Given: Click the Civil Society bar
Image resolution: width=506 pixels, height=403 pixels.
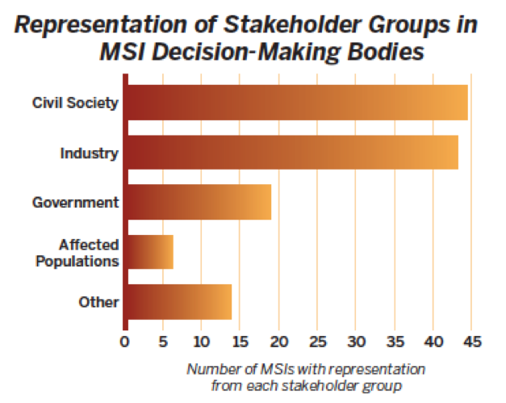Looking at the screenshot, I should click(297, 103).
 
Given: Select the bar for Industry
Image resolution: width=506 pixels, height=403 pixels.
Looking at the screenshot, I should click(292, 152).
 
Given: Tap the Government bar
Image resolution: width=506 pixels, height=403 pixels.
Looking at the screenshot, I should click(199, 202).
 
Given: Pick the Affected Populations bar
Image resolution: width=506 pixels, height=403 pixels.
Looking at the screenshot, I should click(149, 252).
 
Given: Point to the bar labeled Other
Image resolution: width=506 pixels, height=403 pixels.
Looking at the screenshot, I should click(178, 302).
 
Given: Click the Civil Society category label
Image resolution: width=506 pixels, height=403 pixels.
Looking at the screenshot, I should click(76, 103).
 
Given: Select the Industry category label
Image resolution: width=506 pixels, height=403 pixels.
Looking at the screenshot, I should click(90, 152).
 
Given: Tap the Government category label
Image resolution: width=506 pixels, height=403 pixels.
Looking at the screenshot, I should click(76, 202).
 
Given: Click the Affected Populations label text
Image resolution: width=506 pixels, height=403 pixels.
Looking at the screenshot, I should click(89, 252).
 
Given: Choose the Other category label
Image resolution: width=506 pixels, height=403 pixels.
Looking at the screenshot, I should click(98, 302).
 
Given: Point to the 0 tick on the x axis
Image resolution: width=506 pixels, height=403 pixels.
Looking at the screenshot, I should click(124, 341).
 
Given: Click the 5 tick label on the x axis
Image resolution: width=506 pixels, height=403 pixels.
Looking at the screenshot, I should click(163, 341).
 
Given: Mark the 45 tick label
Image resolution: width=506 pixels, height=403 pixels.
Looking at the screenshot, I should click(471, 341).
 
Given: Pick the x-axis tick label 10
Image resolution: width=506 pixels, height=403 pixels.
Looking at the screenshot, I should click(201, 341).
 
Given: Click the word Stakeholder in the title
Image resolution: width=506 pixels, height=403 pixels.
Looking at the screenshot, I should click(269, 24).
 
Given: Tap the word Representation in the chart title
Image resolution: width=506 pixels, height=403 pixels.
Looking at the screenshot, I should click(99, 24).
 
